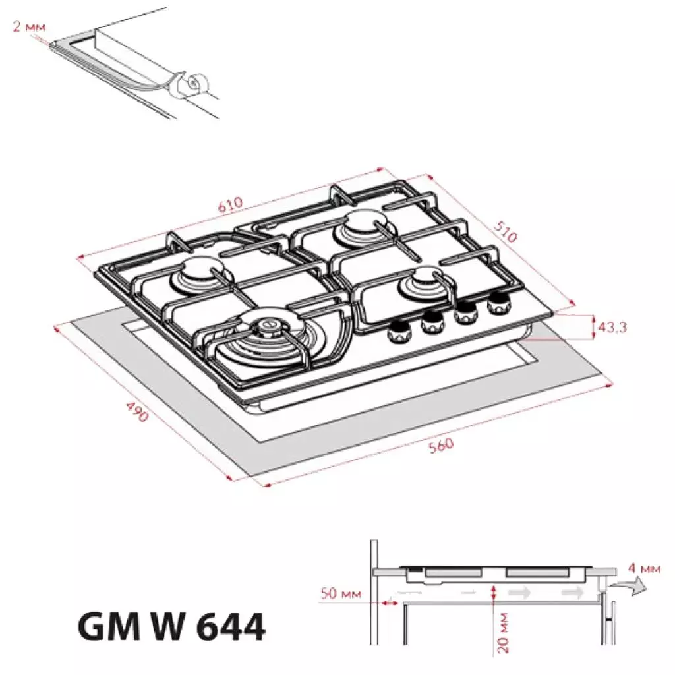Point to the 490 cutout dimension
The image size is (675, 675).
[136, 411]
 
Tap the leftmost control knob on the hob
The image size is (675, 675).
[397, 332]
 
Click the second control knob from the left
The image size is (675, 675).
[432, 322]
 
